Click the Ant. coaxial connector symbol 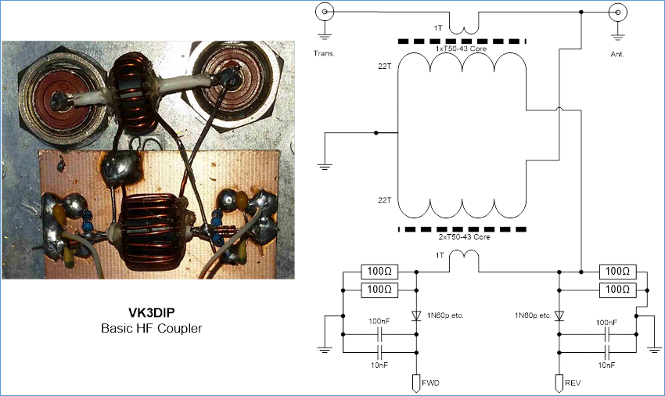(x=617, y=13)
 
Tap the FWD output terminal (x=416, y=383)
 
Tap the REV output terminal (x=559, y=383)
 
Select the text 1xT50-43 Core (x=462, y=49)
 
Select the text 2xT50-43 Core (x=462, y=237)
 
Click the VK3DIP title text (x=151, y=311)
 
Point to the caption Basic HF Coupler (x=151, y=328)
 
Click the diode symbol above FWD (x=416, y=315)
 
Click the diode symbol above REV (x=559, y=315)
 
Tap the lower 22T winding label (x=384, y=201)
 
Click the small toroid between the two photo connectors (x=131, y=79)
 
